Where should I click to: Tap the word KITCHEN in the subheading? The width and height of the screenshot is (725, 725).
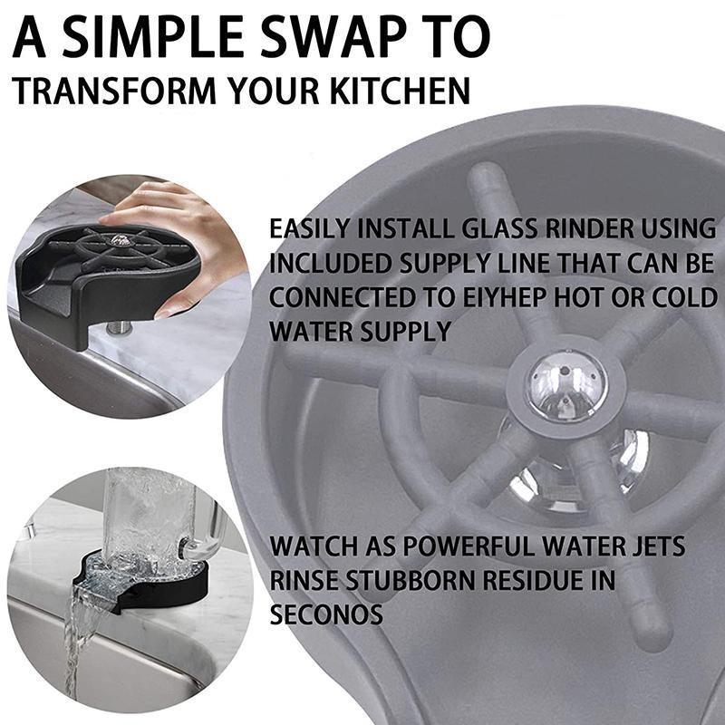point(401,91)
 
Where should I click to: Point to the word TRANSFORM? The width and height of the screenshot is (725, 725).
point(114,91)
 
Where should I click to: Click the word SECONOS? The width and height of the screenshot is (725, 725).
point(326,614)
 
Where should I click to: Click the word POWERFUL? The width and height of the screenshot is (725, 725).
point(469,546)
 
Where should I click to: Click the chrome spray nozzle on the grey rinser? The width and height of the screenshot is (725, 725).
point(567,385)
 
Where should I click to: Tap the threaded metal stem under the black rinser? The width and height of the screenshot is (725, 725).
point(119,327)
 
